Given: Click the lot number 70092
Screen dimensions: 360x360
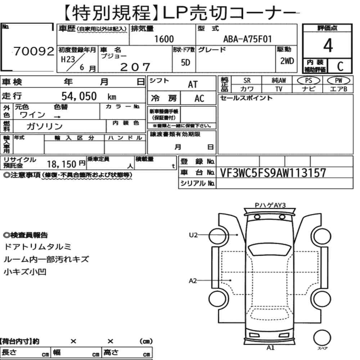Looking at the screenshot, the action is click(x=34, y=51).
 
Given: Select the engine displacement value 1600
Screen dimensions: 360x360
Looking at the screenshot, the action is click(x=164, y=39).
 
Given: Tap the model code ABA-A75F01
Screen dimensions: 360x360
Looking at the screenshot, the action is click(x=248, y=39).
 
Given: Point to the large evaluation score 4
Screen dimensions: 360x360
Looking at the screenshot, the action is click(x=328, y=45).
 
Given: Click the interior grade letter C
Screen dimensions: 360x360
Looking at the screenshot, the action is click(x=340, y=66).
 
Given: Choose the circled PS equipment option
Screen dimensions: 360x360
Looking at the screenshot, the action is click(x=309, y=81).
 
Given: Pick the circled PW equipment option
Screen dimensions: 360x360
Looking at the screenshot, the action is click(x=338, y=81).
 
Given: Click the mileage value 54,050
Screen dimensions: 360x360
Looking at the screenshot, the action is click(x=79, y=96).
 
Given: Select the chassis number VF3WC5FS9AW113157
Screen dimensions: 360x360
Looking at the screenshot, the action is click(x=273, y=173).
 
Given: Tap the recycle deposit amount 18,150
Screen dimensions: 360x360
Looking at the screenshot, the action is click(x=62, y=164).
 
